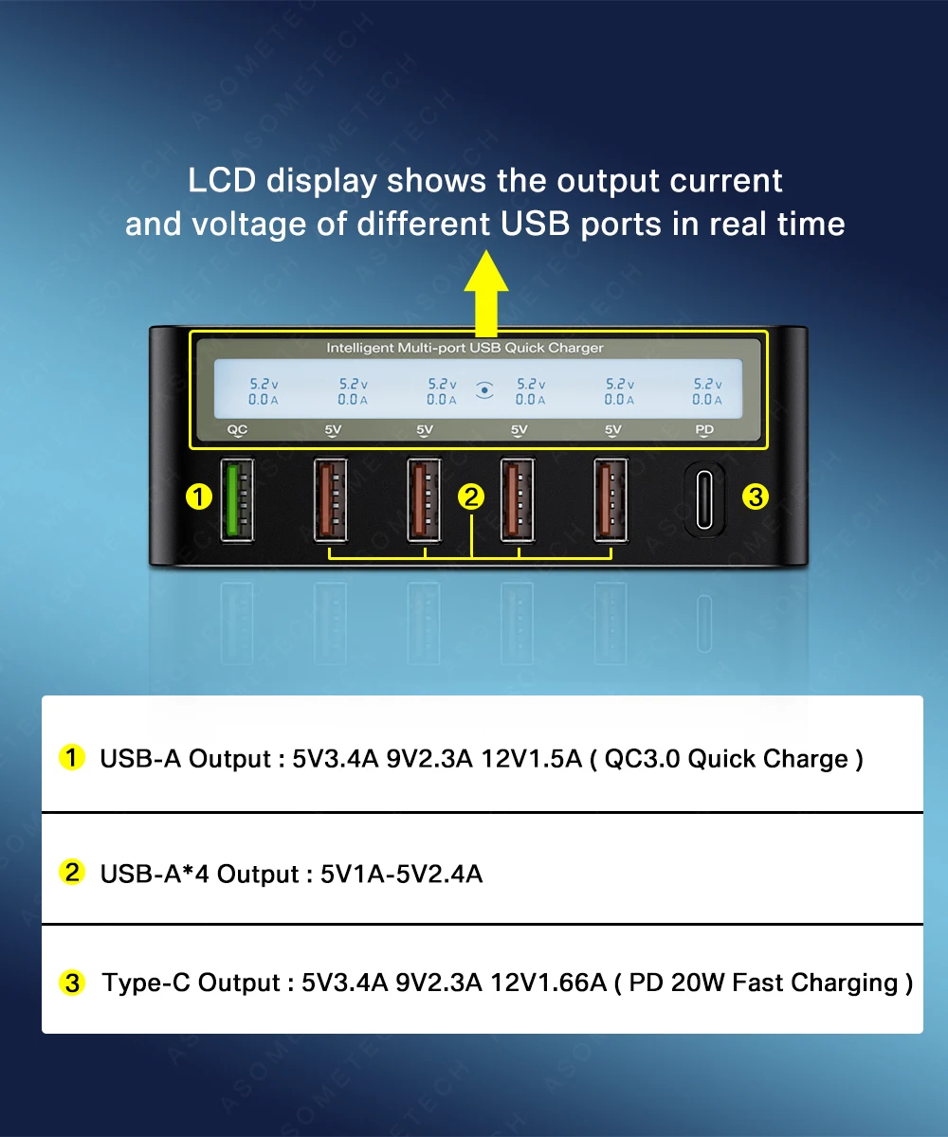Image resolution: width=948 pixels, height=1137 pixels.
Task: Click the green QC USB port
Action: point(237,500)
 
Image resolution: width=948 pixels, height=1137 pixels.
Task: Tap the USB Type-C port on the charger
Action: point(704,500)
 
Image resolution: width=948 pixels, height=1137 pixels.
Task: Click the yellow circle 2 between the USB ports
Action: point(471,496)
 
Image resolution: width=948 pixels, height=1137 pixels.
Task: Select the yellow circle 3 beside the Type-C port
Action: point(755,496)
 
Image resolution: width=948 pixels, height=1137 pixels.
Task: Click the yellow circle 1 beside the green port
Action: point(198,496)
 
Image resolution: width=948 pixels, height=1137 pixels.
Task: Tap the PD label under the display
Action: point(704,430)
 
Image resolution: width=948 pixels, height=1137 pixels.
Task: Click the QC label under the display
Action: point(237,430)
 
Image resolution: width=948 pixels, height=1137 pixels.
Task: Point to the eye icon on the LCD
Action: point(485,389)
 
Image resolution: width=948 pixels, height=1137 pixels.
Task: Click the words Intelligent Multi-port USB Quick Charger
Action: point(465,348)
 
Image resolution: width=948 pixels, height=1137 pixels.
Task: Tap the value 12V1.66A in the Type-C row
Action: point(548,983)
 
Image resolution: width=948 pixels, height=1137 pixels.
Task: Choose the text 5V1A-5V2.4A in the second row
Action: point(402,874)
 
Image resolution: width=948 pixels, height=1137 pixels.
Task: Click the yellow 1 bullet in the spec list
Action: point(72,758)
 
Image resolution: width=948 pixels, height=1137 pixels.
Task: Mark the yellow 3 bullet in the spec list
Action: point(72,983)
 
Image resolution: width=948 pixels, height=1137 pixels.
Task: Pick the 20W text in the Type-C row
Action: point(699,983)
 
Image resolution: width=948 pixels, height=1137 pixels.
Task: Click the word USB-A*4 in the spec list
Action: point(155,874)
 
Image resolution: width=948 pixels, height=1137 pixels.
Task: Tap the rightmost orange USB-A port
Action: point(611,500)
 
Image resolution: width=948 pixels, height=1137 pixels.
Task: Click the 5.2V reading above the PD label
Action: point(707,384)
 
